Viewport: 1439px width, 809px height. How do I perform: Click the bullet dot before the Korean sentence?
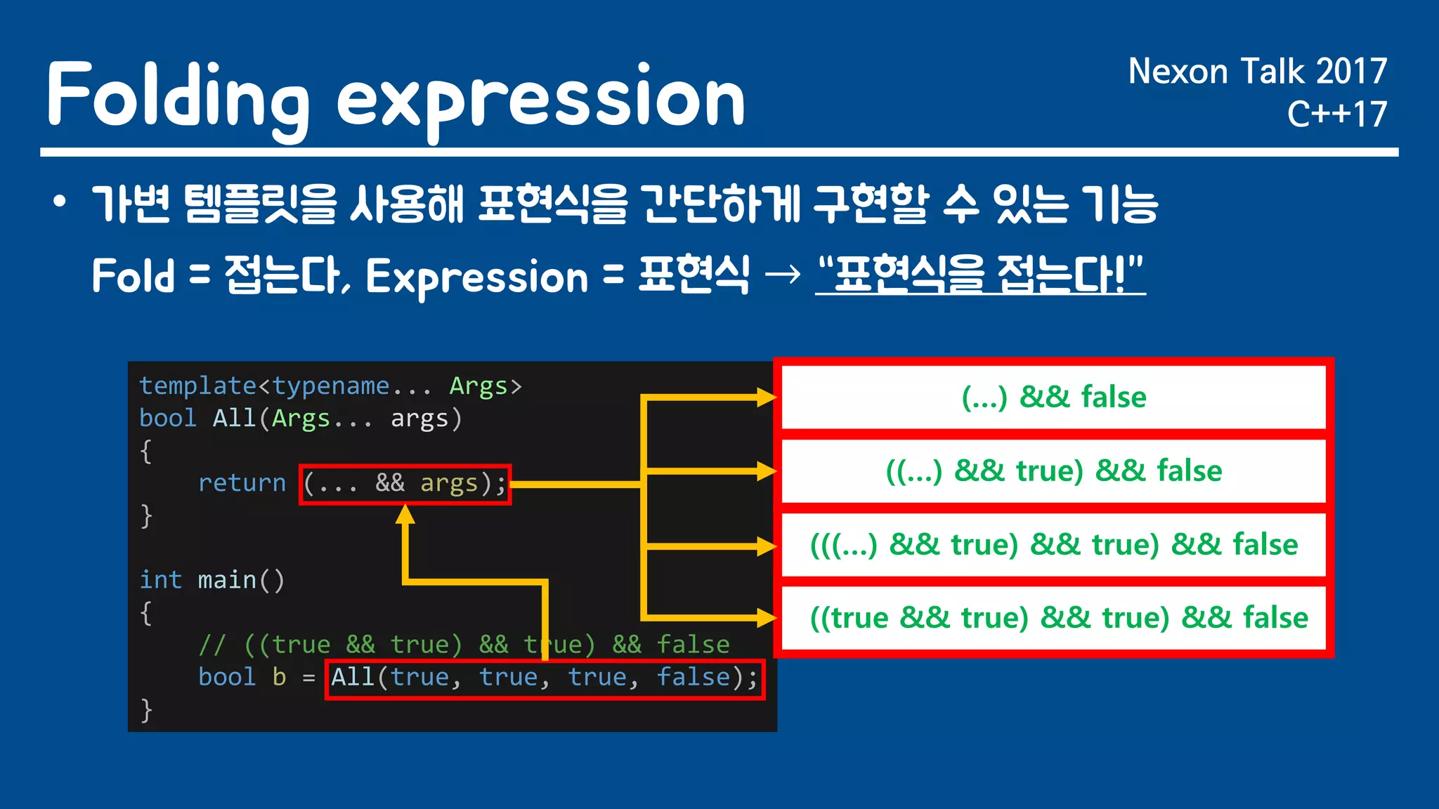pos(60,203)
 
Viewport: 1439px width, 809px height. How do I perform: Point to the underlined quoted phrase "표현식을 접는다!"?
pos(980,275)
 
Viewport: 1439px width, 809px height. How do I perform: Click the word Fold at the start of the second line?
pos(133,275)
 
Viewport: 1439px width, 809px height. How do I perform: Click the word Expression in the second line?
pos(476,277)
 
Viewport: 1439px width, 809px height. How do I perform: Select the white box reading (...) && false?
pos(1053,397)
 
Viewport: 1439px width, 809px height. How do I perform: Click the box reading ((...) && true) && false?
pos(1053,471)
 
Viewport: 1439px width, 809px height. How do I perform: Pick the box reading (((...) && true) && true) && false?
pos(1053,545)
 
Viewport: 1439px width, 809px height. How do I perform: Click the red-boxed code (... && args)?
pos(405,484)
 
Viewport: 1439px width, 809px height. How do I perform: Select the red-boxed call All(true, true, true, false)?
pos(545,678)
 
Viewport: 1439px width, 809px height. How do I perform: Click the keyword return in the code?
pos(242,483)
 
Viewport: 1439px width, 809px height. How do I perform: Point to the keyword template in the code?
pos(197,386)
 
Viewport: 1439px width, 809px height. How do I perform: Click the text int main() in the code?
pos(211,580)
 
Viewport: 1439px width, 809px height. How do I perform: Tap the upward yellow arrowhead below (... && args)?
pos(405,515)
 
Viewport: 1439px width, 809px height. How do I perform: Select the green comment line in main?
pos(464,645)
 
